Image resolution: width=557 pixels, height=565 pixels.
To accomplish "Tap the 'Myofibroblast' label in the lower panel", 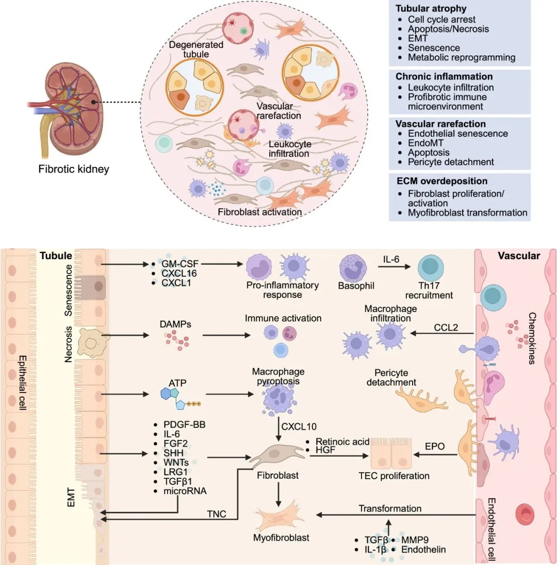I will coord(281,538).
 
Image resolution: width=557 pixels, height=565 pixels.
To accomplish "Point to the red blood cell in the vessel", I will coord(526,513).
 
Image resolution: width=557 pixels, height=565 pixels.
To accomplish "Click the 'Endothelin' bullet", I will coord(424,550).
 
